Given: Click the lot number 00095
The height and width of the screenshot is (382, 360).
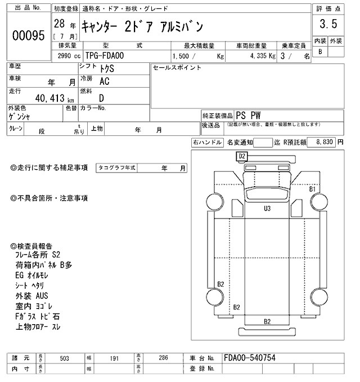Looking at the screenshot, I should pyautogui.click(x=28, y=35).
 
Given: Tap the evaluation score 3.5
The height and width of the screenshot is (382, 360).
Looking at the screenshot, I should pyautogui.click(x=328, y=24).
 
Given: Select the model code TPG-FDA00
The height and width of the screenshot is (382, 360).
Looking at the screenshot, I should pyautogui.click(x=106, y=56).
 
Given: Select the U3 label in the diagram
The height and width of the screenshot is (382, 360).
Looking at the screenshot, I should pyautogui.click(x=267, y=208).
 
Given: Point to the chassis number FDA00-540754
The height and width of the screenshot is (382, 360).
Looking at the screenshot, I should pyautogui.click(x=250, y=358).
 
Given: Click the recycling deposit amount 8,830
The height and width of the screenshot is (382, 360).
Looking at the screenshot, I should pyautogui.click(x=325, y=143).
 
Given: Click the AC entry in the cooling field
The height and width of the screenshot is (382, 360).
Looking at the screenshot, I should pyautogui.click(x=105, y=81).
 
